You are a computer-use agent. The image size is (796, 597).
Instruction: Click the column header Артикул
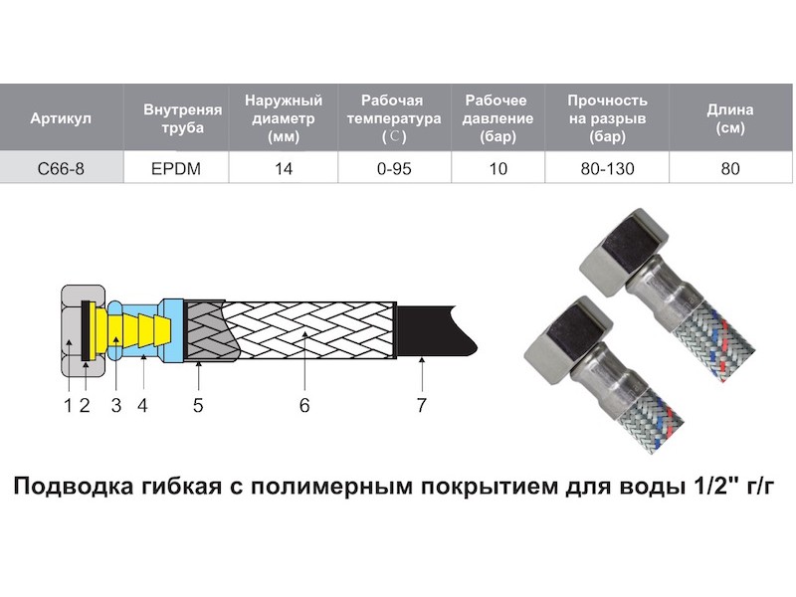click(61, 118)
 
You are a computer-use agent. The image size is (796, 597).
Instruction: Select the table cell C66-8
click(61, 168)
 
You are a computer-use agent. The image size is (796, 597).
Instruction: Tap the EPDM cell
click(176, 168)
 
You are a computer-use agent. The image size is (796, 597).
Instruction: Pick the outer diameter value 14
click(284, 168)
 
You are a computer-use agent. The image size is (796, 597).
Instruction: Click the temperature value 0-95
click(394, 168)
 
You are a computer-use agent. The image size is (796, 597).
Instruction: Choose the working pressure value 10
click(498, 168)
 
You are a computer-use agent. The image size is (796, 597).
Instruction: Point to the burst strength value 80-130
click(607, 168)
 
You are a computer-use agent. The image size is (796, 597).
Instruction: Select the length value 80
click(730, 168)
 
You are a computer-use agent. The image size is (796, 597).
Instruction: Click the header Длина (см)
click(730, 118)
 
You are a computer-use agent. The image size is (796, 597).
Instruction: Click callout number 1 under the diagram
click(68, 405)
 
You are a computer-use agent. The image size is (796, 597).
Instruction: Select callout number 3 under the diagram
click(116, 405)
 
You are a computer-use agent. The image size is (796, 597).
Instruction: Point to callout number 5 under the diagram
click(198, 405)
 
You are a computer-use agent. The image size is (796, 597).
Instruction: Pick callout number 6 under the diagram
click(304, 405)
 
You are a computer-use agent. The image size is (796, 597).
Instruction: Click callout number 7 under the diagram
click(421, 405)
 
